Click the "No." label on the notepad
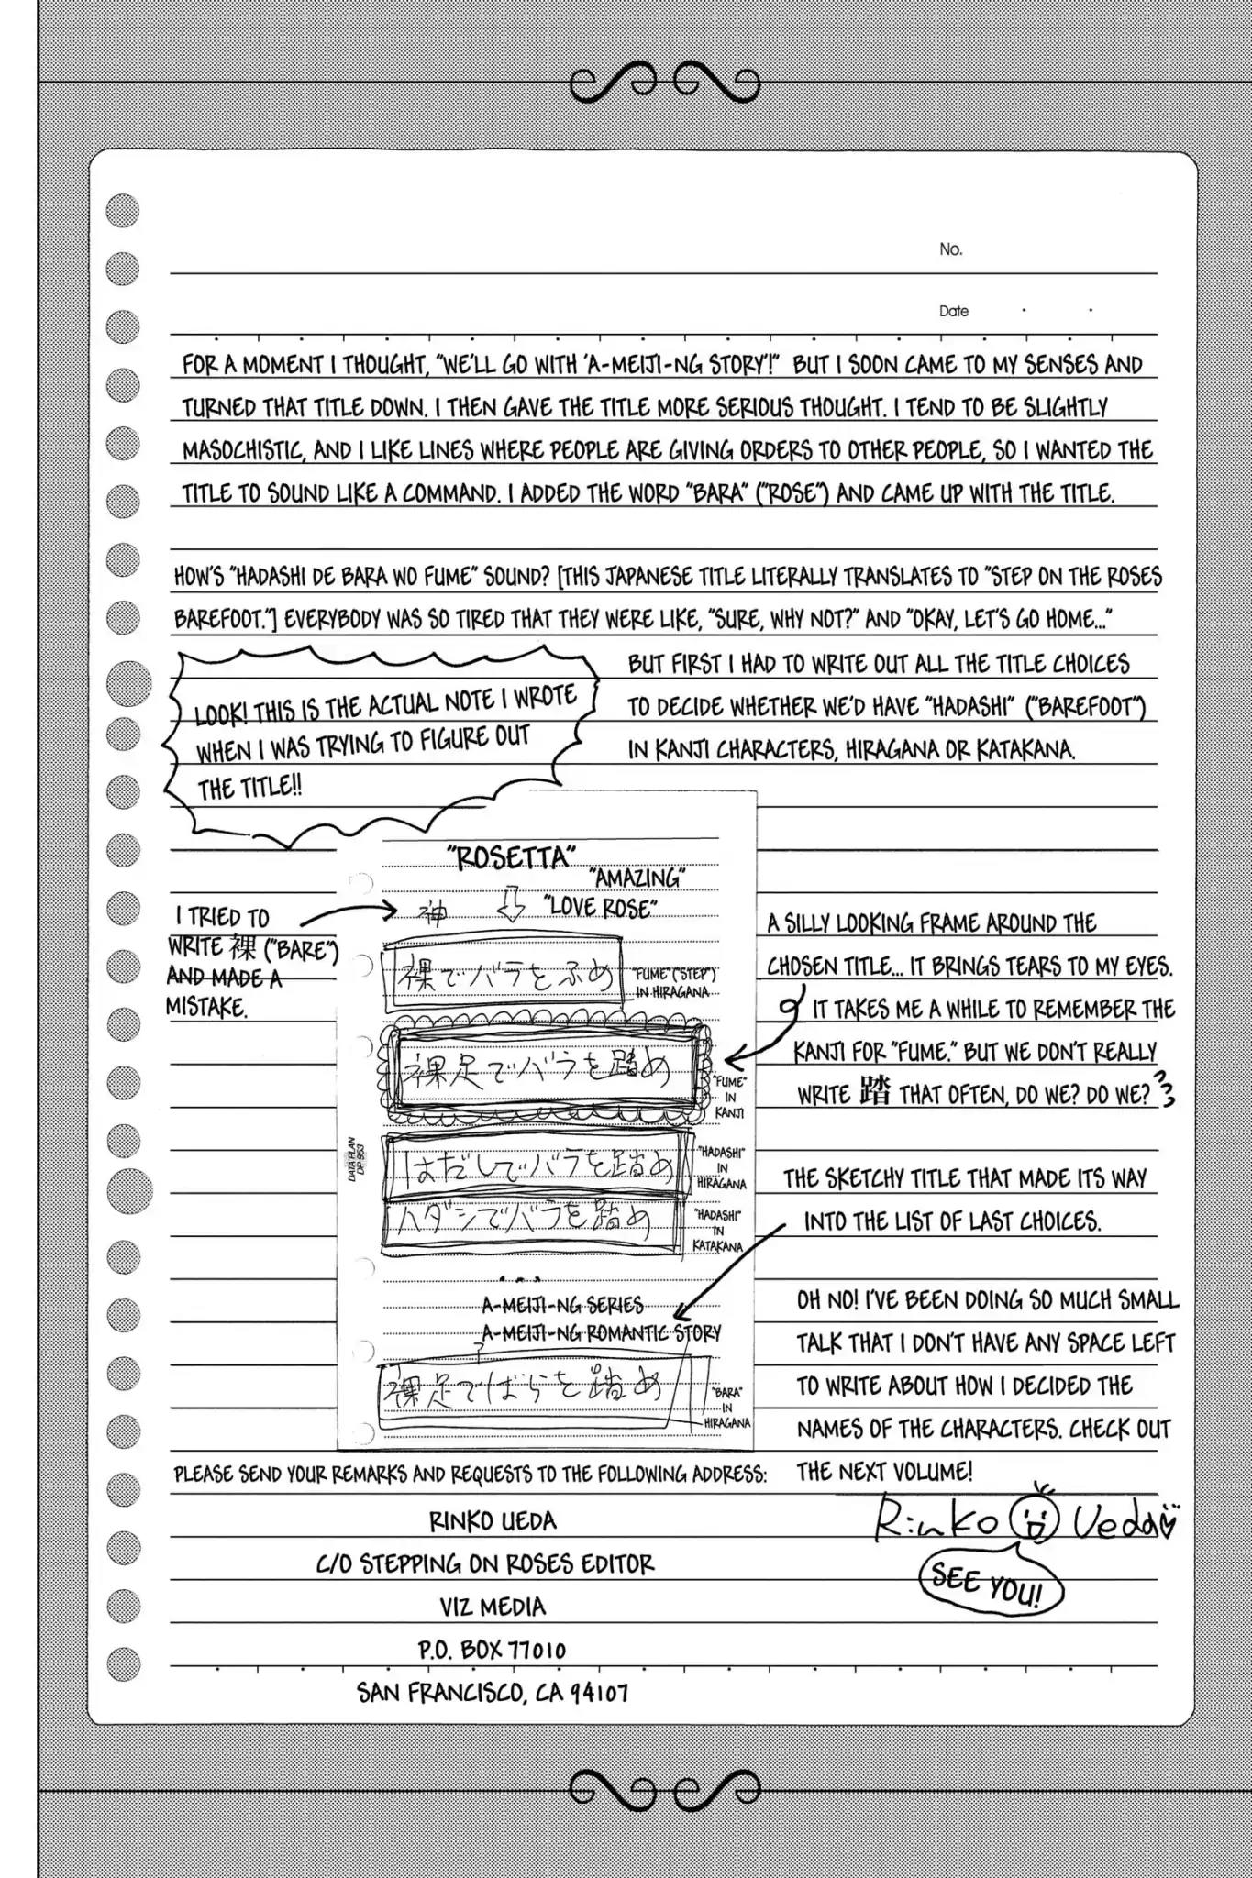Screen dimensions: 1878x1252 (950, 249)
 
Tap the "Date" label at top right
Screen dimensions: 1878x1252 (953, 311)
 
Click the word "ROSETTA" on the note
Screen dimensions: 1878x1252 (511, 857)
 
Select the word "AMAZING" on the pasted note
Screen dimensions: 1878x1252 (638, 878)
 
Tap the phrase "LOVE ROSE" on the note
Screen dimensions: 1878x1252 (601, 908)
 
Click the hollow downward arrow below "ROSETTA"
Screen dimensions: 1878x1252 (510, 906)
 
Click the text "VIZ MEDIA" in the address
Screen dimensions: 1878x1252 (493, 1607)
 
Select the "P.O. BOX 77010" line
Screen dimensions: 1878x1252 (492, 1650)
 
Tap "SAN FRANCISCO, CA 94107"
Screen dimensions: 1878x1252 (493, 1693)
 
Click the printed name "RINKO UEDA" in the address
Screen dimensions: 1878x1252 (493, 1521)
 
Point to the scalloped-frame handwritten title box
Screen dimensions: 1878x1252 (545, 1070)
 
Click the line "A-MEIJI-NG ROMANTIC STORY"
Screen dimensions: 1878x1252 (602, 1332)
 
